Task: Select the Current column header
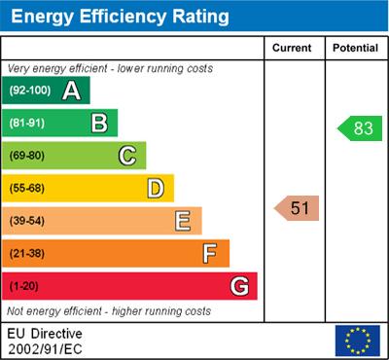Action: (292, 48)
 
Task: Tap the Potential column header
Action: (355, 48)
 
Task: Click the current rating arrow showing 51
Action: (297, 207)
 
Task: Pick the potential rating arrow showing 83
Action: (357, 127)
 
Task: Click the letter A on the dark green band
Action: (71, 90)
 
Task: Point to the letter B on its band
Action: (99, 123)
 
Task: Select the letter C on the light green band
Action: (127, 156)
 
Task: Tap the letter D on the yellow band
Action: (156, 188)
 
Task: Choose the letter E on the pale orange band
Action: (183, 221)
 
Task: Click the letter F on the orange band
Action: (210, 254)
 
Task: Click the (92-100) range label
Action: (31, 90)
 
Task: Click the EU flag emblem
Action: (357, 340)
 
